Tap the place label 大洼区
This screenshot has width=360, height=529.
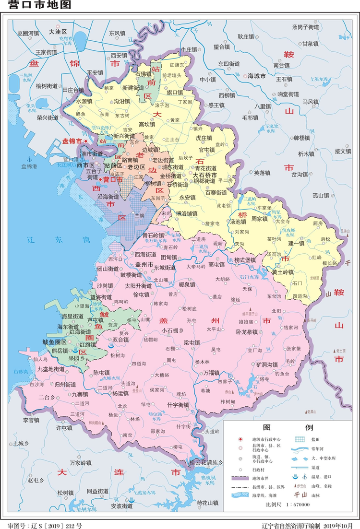click(57, 32)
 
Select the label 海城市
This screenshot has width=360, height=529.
click(256, 76)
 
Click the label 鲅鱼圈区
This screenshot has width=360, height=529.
click(54, 341)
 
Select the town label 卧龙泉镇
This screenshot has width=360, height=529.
click(247, 331)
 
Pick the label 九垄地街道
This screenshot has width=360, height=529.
click(50, 369)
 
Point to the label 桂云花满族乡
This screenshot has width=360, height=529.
click(206, 463)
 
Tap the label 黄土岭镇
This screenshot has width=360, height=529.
click(282, 272)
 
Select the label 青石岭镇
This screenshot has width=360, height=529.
click(153, 235)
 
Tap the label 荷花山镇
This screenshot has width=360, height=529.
click(207, 503)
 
